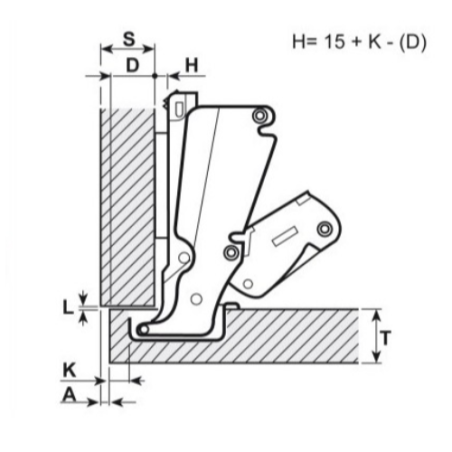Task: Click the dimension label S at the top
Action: (x=127, y=38)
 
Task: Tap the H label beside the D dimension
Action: (x=193, y=65)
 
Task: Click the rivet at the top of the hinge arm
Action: (x=260, y=116)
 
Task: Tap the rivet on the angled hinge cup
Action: (x=323, y=231)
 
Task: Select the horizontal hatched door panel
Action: (x=290, y=335)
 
